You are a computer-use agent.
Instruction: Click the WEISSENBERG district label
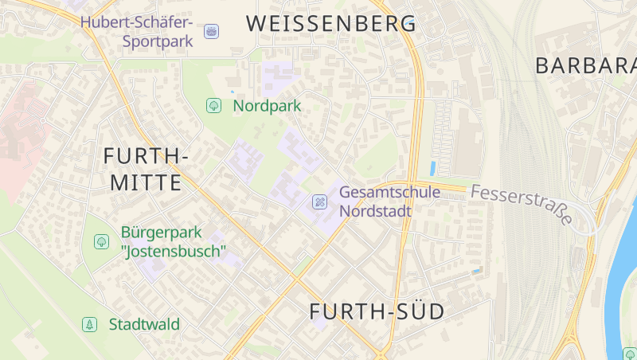330,24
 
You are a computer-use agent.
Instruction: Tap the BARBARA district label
586,65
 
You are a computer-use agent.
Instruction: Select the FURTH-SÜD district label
377,312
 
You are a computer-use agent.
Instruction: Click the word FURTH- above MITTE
146,157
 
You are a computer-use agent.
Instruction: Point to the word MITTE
146,183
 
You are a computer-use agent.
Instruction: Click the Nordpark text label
267,105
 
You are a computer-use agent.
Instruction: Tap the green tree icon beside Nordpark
213,105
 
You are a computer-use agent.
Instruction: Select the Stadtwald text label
144,324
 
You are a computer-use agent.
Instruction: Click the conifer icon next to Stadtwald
90,324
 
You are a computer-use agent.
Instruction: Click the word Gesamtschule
389,192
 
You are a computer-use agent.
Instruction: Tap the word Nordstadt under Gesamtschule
375,211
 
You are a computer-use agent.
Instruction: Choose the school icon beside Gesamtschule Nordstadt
319,202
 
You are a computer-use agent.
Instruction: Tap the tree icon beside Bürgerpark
101,241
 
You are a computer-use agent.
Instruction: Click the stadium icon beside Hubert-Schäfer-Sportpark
212,31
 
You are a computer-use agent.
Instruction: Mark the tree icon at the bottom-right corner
629,354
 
